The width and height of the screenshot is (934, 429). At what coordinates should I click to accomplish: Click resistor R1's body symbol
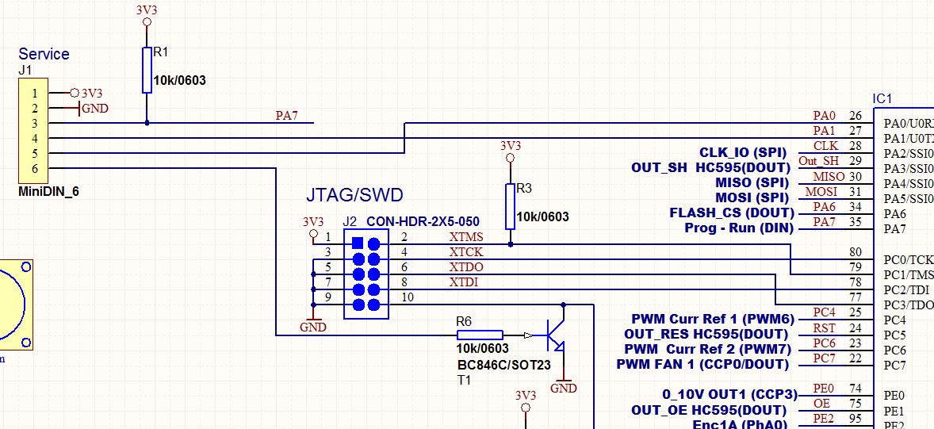tap(147, 70)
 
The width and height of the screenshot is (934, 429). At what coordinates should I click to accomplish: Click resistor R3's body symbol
tap(511, 206)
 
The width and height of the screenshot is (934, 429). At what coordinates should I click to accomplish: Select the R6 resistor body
tap(480, 335)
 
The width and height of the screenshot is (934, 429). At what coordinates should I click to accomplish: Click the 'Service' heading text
tap(44, 54)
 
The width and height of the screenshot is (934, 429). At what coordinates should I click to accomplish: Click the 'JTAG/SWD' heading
tap(354, 194)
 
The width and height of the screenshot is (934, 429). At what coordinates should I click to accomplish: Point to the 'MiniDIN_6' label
tap(48, 191)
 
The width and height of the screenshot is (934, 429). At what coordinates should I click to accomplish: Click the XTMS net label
tap(465, 237)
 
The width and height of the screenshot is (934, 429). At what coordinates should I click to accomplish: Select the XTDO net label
tap(465, 267)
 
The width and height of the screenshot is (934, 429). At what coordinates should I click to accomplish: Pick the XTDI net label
tap(464, 282)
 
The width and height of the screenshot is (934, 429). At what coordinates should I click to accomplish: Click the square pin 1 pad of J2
tap(358, 243)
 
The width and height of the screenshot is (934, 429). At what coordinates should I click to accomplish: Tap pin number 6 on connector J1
tap(35, 168)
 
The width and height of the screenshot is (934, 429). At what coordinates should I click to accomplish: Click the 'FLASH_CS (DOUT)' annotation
tap(731, 213)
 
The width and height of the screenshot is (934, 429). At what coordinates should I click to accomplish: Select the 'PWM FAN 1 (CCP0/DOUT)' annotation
tap(702, 364)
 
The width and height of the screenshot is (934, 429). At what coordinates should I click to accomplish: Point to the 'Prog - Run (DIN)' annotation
tap(738, 228)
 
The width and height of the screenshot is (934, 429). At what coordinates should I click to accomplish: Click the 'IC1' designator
tap(882, 99)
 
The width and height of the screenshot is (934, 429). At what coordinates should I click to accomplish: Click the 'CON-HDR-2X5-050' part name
tap(423, 222)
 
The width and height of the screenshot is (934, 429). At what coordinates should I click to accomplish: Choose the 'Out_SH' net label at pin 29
tap(818, 161)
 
